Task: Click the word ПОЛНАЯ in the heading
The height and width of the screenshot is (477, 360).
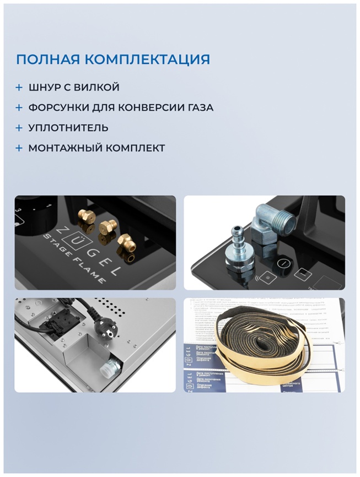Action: [46, 59]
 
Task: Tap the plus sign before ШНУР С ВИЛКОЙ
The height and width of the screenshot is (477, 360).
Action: [19, 88]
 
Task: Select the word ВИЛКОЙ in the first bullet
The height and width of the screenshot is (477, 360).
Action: [100, 88]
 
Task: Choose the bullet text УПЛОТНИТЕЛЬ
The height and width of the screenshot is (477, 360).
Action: [68, 128]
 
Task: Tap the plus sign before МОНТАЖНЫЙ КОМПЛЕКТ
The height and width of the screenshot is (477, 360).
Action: [19, 148]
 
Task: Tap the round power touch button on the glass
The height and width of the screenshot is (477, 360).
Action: [282, 264]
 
